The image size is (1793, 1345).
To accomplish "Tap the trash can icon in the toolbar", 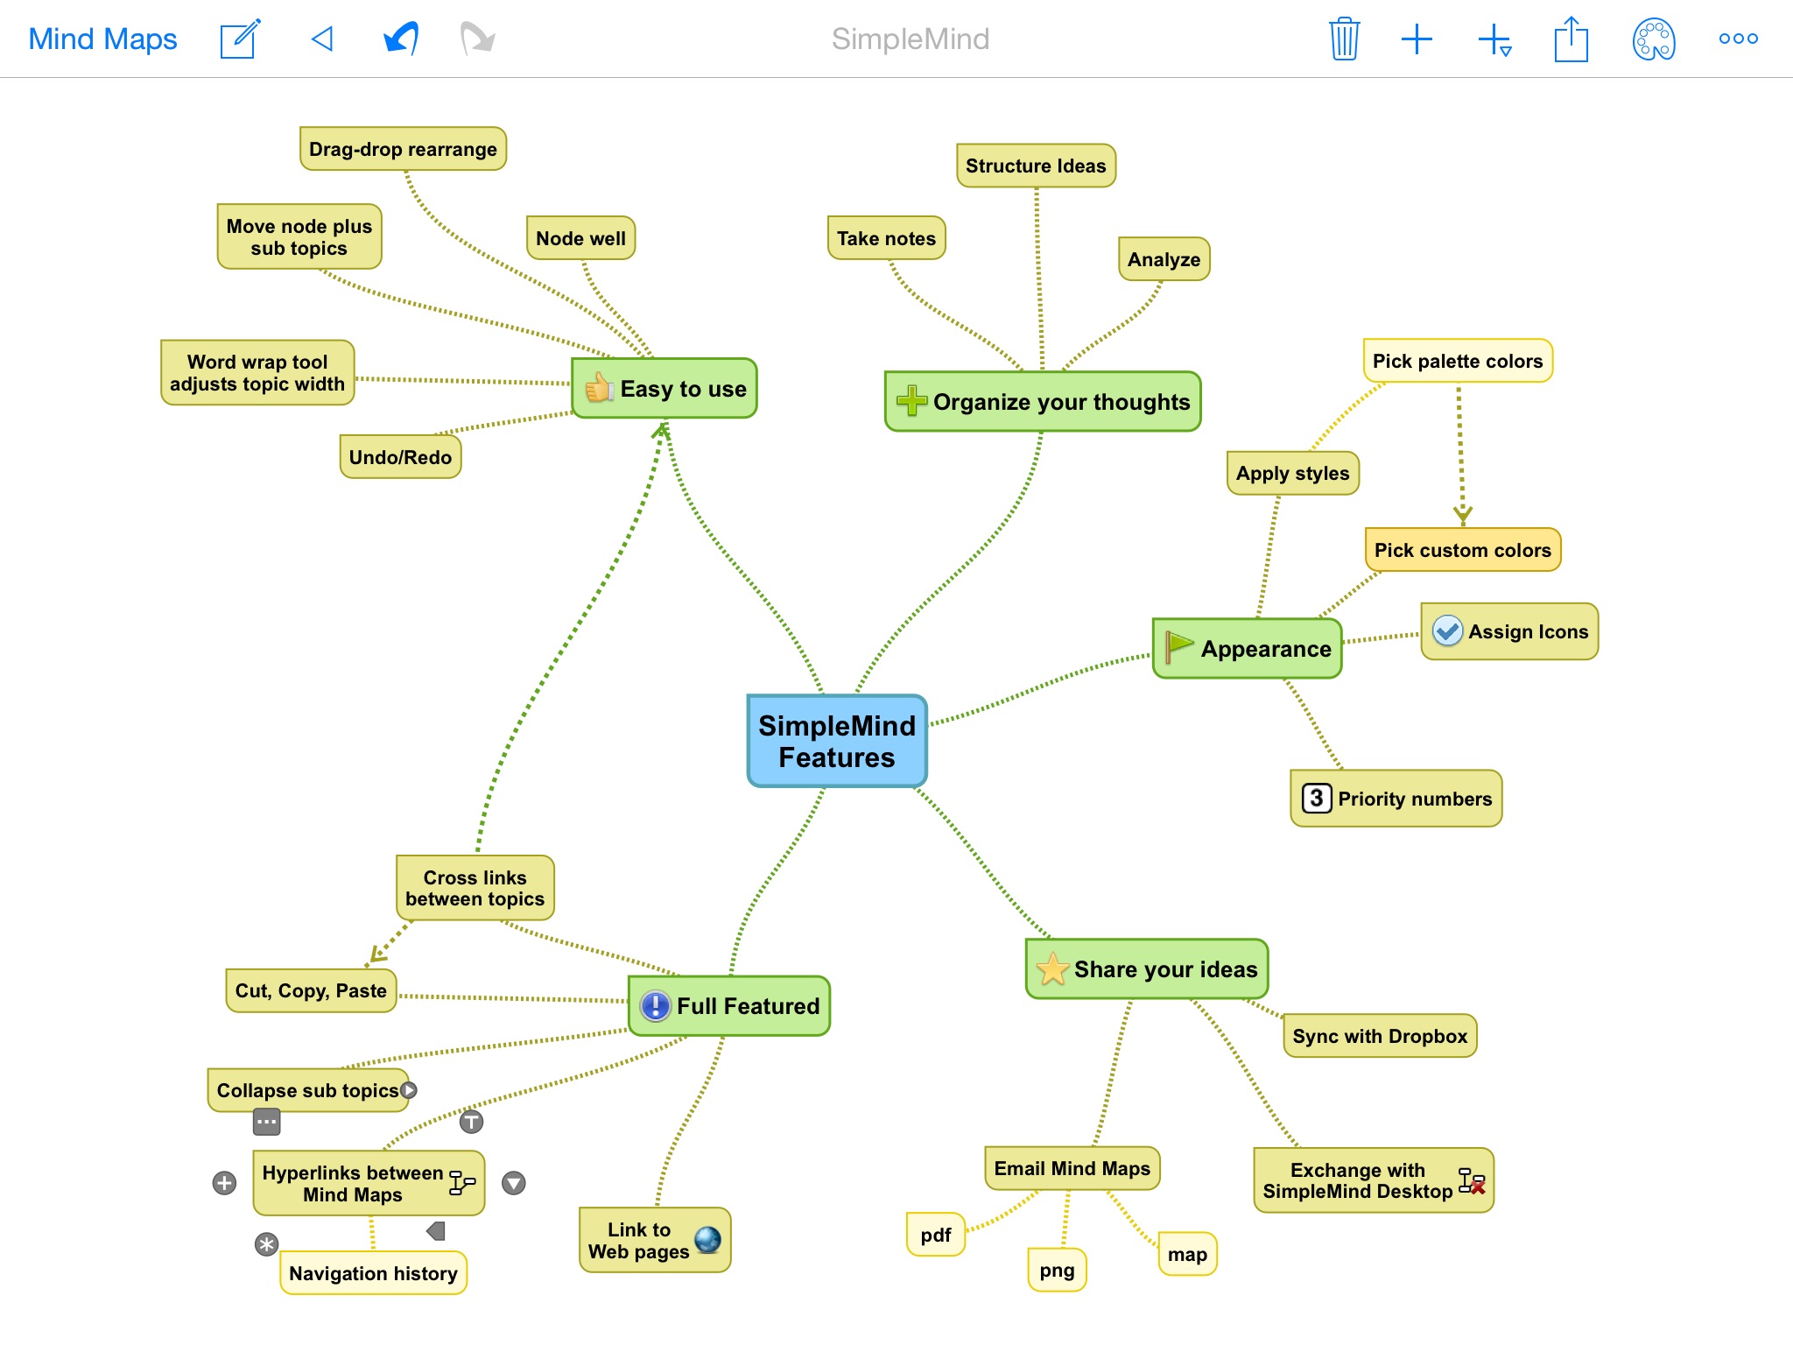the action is [x=1344, y=39].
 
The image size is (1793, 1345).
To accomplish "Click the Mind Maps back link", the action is [x=102, y=39].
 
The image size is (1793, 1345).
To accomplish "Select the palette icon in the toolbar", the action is [x=1654, y=39].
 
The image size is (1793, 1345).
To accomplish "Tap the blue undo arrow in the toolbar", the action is [x=401, y=39].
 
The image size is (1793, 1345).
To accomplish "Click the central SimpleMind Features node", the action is [x=837, y=741].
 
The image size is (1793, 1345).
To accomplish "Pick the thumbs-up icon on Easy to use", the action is [x=600, y=387].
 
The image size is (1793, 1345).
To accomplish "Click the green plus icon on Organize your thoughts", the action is [x=911, y=400].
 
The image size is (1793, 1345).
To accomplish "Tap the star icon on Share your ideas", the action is [x=1052, y=968].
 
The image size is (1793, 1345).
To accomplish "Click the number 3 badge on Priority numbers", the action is [x=1316, y=798].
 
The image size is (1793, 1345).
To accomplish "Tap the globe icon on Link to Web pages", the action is [x=707, y=1239].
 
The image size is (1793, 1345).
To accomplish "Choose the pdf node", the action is [x=936, y=1235].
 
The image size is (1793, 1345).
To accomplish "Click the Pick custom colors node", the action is [x=1462, y=550].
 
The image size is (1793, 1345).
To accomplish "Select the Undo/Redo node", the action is [x=400, y=457].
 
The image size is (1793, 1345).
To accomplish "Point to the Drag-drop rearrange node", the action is [x=403, y=149].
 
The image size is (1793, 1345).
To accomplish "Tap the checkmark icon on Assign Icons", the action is [x=1447, y=630].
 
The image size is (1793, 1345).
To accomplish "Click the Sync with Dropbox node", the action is [x=1380, y=1036].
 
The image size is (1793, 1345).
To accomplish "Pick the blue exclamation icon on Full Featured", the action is [x=655, y=1005].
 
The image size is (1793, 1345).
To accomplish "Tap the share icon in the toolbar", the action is [x=1572, y=39].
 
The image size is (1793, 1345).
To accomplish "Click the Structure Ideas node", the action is [x=1036, y=165].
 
